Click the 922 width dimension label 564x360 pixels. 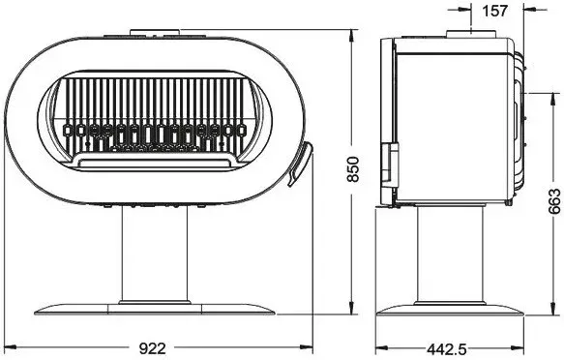click(x=153, y=348)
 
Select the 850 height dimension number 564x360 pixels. click(x=353, y=169)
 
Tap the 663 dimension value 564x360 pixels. click(x=555, y=201)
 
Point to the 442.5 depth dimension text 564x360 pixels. click(x=447, y=348)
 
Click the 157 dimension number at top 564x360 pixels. click(x=494, y=12)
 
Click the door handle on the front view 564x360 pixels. click(x=300, y=164)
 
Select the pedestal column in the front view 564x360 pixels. click(x=155, y=254)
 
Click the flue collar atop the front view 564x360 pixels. click(x=155, y=32)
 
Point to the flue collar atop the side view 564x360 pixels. click(x=471, y=34)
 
